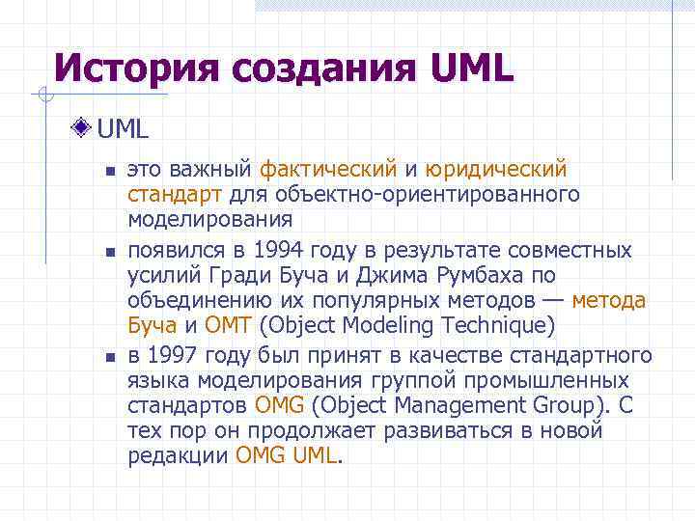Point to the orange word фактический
329,170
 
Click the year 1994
286,251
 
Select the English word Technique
493,323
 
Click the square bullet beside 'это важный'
110,171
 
